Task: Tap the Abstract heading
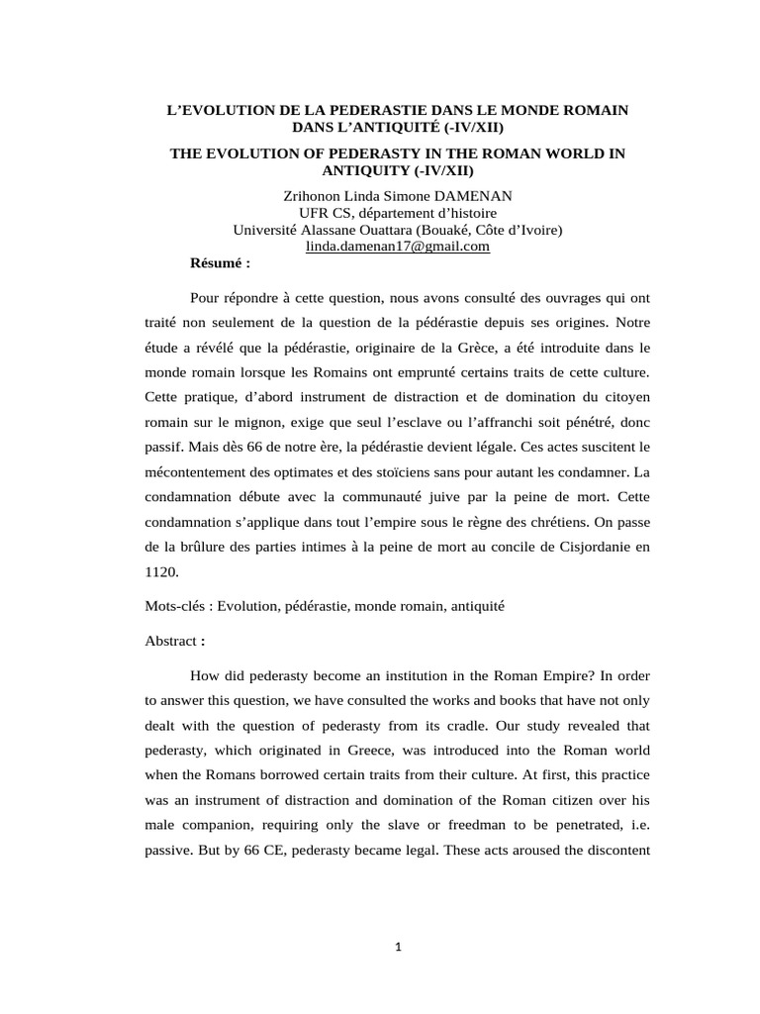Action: coord(173,641)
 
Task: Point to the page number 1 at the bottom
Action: coord(398,947)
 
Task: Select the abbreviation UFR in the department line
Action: coord(314,213)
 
